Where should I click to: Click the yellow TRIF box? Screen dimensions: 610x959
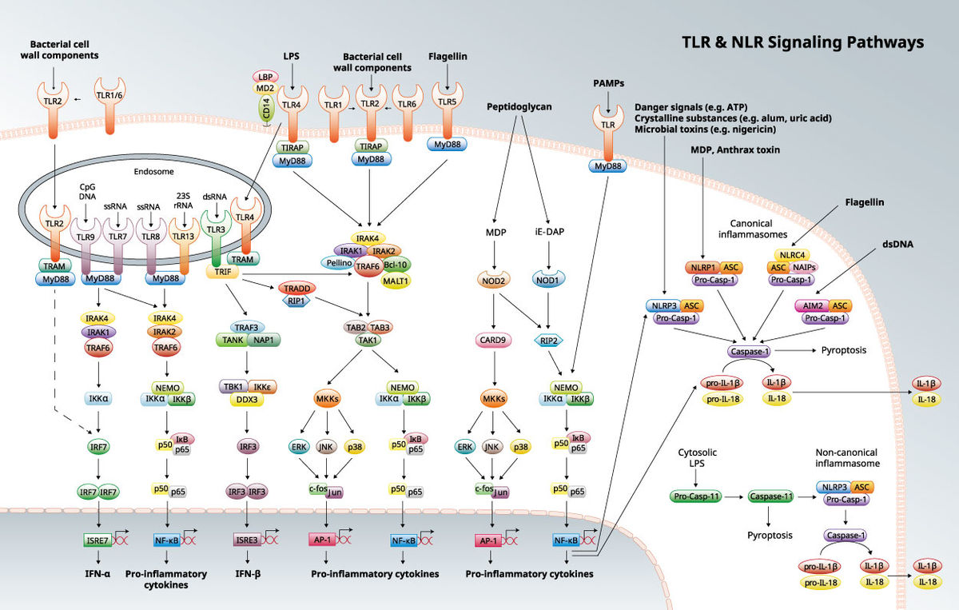click(x=220, y=272)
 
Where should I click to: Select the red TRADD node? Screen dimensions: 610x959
click(x=297, y=288)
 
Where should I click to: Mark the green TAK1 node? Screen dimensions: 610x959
click(x=368, y=340)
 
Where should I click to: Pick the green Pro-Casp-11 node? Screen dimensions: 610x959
click(x=696, y=497)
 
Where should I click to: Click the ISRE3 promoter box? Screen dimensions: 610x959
click(x=246, y=540)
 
